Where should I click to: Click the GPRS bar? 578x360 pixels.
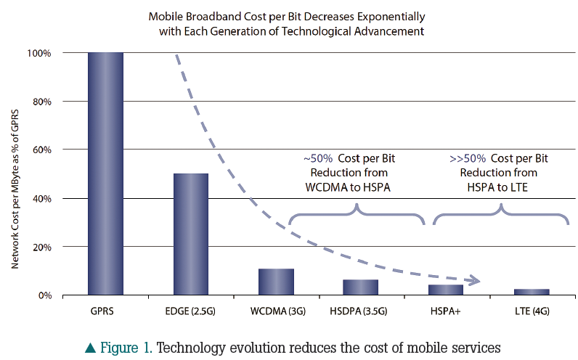coord(106,174)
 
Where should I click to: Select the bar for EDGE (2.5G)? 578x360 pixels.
coord(190,234)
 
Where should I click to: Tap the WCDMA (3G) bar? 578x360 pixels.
coord(276,282)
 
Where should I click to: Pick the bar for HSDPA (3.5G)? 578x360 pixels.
coord(361,287)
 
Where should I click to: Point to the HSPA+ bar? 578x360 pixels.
coord(446,290)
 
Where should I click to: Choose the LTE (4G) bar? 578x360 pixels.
coord(531,292)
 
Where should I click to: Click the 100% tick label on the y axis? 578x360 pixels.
coord(38,53)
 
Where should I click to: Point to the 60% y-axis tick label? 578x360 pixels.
coord(40,150)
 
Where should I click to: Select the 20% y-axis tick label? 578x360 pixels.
coord(40,247)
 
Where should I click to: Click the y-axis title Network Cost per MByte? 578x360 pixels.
coord(15,174)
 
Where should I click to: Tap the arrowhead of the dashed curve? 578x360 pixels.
coord(475,280)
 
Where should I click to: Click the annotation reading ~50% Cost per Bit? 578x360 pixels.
coord(349,158)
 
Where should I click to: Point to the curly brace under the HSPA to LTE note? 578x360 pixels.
coord(501,214)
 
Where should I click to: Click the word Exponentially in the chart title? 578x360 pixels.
coord(392,15)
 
